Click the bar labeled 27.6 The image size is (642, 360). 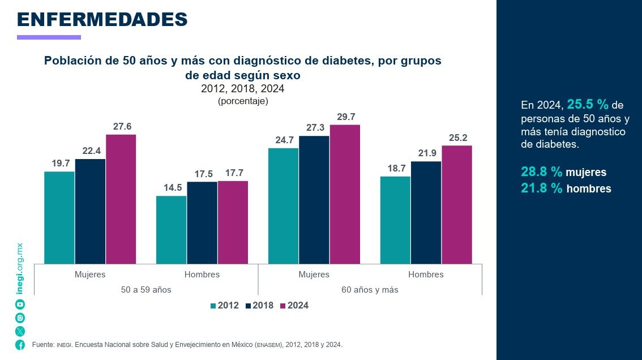(x=121, y=199)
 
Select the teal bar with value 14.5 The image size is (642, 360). (x=171, y=230)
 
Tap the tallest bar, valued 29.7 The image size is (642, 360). (x=345, y=194)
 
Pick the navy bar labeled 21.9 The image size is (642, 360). (x=426, y=212)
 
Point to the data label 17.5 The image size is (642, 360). (x=203, y=174)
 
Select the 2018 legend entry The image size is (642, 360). (x=260, y=306)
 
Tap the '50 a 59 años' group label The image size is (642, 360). (x=146, y=290)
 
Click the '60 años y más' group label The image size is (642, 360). (x=370, y=290)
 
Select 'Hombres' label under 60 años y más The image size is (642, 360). (x=426, y=275)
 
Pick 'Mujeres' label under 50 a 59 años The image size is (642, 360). (x=90, y=275)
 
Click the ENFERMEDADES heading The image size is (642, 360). (x=102, y=19)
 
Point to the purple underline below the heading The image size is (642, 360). (x=49, y=37)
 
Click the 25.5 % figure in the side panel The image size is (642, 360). (x=588, y=105)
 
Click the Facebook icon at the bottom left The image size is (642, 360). (x=20, y=345)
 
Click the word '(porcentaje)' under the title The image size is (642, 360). (x=243, y=101)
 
